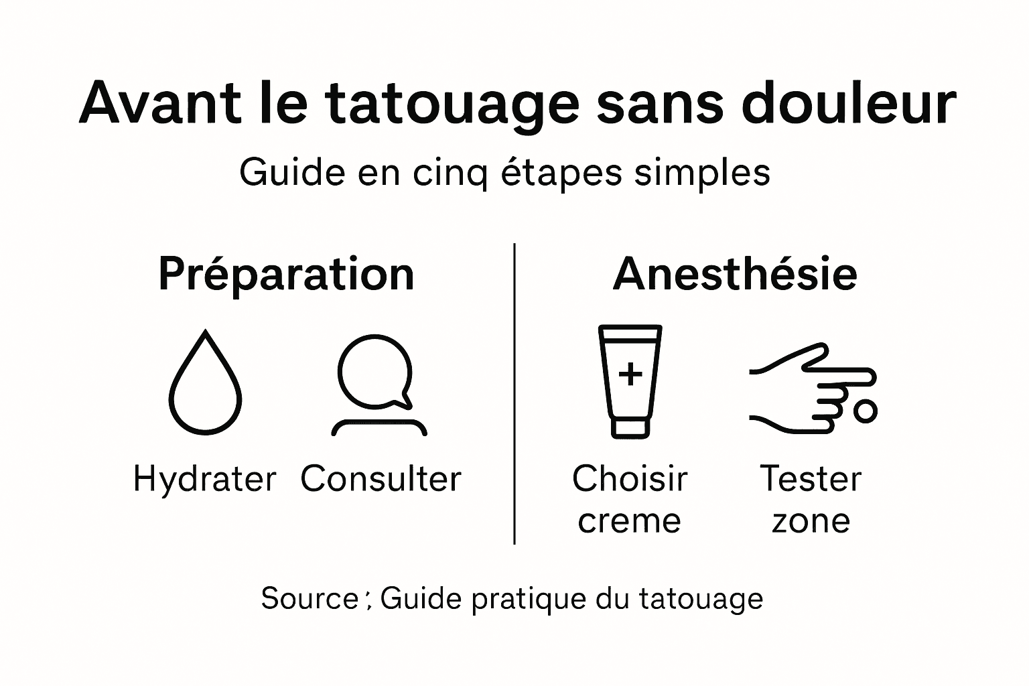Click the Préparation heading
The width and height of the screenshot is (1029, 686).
[x=286, y=275]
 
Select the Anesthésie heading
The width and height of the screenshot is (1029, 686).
[x=735, y=275]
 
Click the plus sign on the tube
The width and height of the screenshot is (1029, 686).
[x=630, y=374]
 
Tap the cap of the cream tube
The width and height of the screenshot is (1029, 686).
[x=630, y=427]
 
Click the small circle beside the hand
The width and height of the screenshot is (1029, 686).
[x=866, y=411]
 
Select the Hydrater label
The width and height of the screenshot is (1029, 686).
[x=204, y=480]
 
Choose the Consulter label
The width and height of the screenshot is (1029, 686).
[x=381, y=480]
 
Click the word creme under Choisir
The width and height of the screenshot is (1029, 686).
[x=629, y=521]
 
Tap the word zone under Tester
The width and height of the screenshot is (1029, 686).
[x=811, y=521]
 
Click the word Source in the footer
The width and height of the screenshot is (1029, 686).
[x=310, y=598]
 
